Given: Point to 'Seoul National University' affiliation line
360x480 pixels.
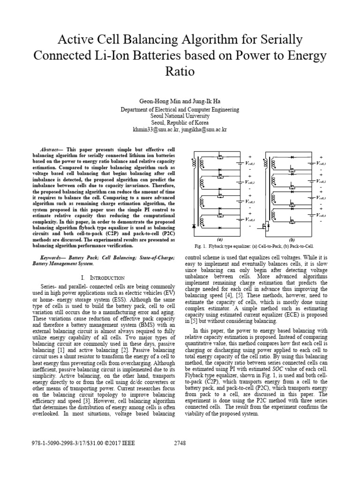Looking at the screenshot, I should [180, 115].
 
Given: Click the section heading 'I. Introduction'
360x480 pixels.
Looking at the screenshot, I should [103, 278].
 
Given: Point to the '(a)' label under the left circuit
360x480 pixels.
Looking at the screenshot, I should [220, 239].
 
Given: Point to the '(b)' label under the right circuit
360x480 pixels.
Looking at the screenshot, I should [292, 239].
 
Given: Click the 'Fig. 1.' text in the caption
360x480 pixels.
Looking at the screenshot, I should [201, 246].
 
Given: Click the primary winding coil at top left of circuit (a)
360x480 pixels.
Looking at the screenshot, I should [193, 164].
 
